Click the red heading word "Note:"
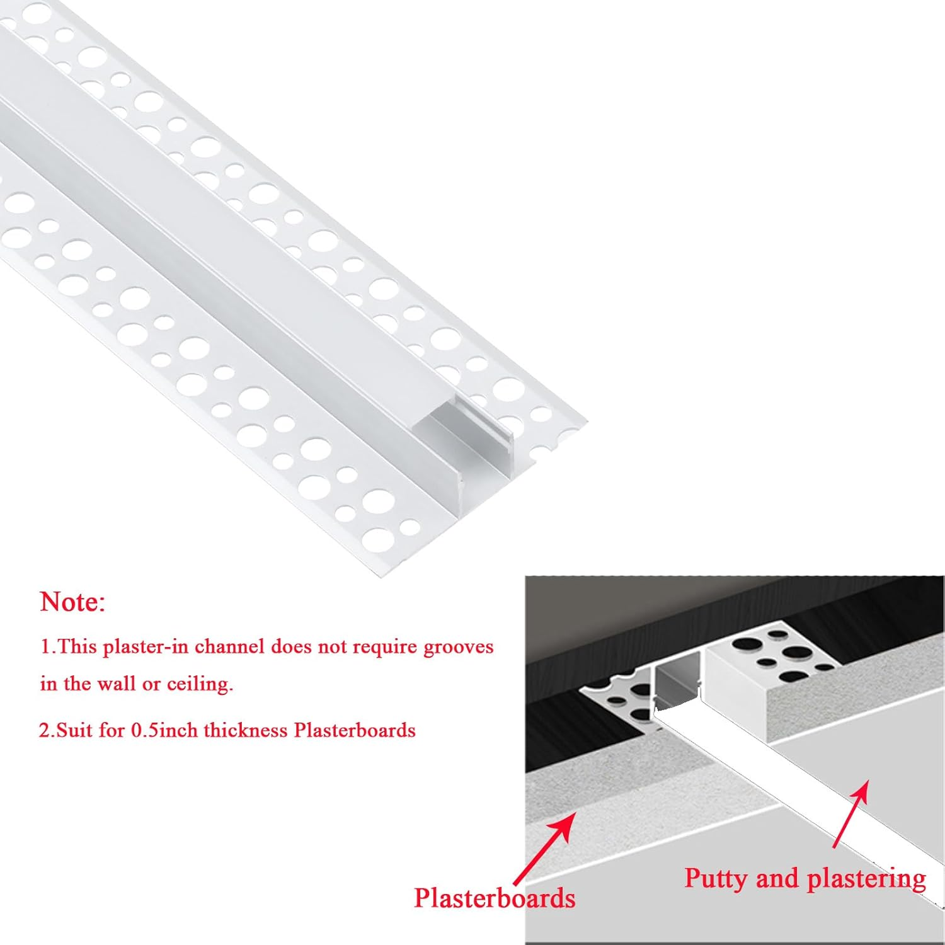click(72, 602)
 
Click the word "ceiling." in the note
click(200, 684)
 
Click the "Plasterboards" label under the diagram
click(495, 898)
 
